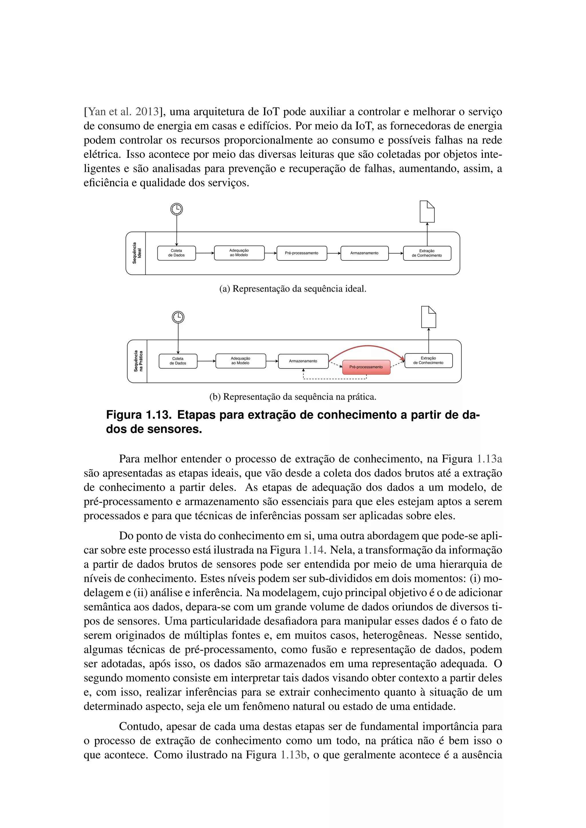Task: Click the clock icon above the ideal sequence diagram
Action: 177,209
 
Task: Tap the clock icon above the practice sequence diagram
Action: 178,317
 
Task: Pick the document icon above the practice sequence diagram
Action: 428,317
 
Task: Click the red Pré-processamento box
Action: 366,367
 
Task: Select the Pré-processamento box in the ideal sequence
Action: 302,253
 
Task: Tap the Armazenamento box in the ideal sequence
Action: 365,253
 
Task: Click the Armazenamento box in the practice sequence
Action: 303,361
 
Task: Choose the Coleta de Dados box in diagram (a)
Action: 177,253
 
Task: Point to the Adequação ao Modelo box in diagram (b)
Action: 240,361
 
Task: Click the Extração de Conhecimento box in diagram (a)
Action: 427,253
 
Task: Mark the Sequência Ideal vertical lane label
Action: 137,253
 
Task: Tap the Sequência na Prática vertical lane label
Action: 138,361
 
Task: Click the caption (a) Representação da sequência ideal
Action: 293,289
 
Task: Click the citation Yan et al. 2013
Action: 123,112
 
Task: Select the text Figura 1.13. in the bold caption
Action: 138,415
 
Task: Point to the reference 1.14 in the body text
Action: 314,550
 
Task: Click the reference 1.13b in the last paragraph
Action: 294,755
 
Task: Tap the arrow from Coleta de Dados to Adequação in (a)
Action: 205,253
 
